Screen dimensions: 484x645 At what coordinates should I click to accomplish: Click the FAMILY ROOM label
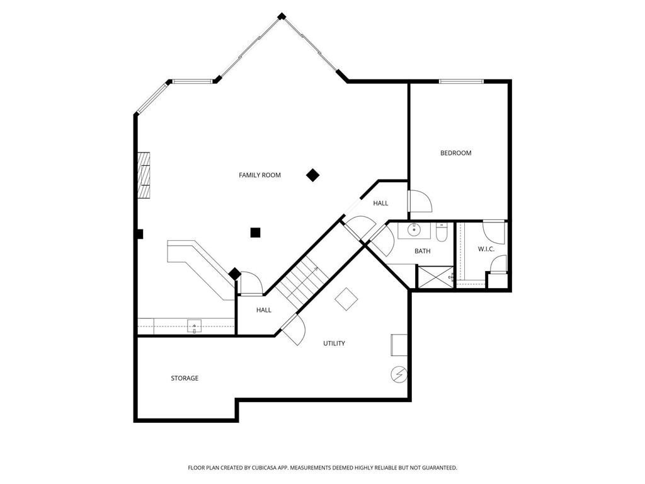pyautogui.click(x=260, y=175)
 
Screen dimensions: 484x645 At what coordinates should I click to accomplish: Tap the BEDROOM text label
pyautogui.click(x=455, y=153)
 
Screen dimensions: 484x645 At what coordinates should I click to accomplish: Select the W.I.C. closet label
pyautogui.click(x=486, y=249)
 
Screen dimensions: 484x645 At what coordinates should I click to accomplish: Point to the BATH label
pyautogui.click(x=422, y=251)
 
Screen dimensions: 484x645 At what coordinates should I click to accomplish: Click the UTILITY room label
pyautogui.click(x=334, y=343)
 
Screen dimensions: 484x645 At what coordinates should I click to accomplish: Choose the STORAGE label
pyautogui.click(x=185, y=378)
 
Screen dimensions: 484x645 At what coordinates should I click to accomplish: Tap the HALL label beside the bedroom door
pyautogui.click(x=380, y=203)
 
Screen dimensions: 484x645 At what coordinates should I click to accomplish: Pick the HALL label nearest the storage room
pyautogui.click(x=263, y=309)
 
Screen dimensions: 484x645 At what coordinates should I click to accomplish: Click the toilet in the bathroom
pyautogui.click(x=442, y=233)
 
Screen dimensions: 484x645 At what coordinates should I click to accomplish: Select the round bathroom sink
pyautogui.click(x=414, y=230)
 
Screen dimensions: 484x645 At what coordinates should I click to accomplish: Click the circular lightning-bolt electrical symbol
pyautogui.click(x=399, y=374)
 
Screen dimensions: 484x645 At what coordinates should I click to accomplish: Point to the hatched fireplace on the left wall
pyautogui.click(x=144, y=175)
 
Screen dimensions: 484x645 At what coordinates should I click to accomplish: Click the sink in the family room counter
pyautogui.click(x=195, y=326)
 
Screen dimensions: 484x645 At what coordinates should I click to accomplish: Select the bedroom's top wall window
pyautogui.click(x=461, y=81)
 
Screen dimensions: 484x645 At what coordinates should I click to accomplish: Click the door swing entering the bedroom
pyautogui.click(x=419, y=201)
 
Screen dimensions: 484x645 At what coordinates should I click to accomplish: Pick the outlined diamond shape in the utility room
pyautogui.click(x=346, y=299)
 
